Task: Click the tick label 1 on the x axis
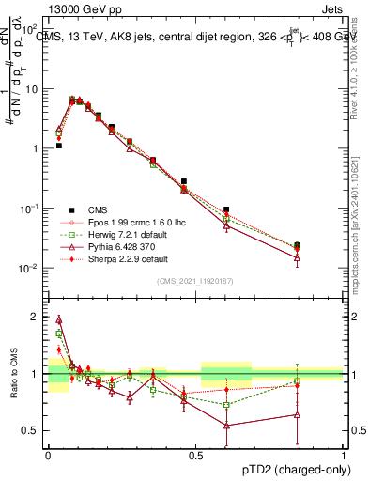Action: pyautogui.click(x=344, y=456)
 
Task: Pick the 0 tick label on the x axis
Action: pyautogui.click(x=48, y=456)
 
